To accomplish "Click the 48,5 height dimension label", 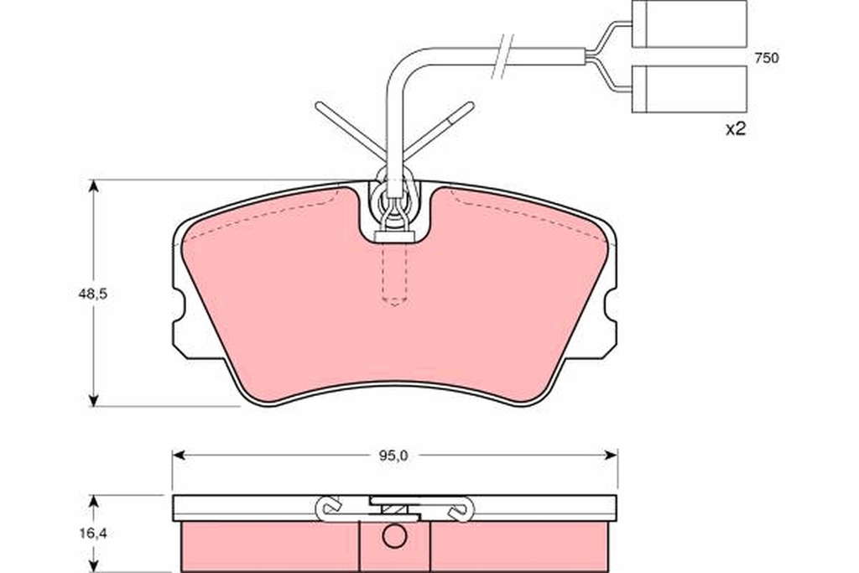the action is point(92,294).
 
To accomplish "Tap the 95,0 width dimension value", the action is point(393,456).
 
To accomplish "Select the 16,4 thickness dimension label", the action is point(92,534).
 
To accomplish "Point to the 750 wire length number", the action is point(766,58).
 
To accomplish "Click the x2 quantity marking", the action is point(736,129).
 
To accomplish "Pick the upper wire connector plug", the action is point(690,24).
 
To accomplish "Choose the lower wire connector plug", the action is point(690,89).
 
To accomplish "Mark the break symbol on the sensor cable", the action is point(503,55).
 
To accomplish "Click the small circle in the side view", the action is point(394,536).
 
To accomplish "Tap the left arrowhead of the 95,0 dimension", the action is point(178,456).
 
